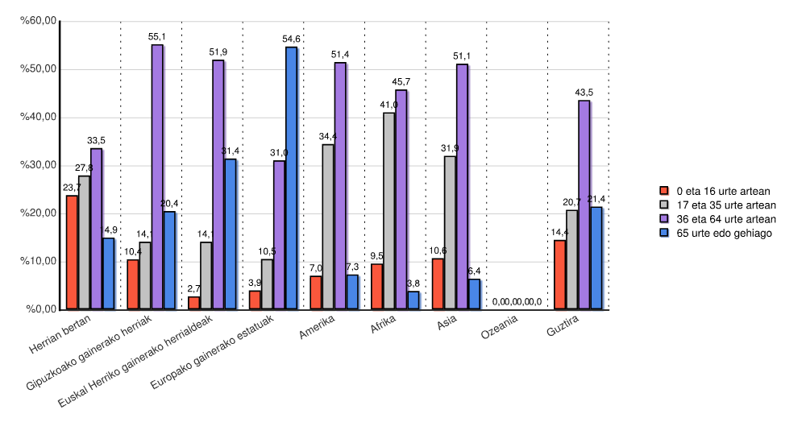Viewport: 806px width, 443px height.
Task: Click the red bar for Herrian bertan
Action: click(72, 252)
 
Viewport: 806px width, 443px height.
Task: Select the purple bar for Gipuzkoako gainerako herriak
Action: click(157, 177)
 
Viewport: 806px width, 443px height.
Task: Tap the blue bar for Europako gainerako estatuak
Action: click(291, 178)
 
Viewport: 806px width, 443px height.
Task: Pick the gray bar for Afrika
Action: click(388, 211)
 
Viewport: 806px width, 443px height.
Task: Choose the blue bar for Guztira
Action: click(596, 258)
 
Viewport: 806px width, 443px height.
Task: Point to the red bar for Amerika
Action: click(316, 292)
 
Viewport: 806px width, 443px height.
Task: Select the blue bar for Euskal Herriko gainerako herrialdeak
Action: click(231, 234)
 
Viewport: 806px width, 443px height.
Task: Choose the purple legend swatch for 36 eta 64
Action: click(665, 219)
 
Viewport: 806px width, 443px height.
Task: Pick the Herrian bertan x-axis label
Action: click(60, 333)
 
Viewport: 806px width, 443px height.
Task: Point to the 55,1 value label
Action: click(157, 37)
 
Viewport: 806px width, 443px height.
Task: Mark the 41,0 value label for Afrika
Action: click(388, 106)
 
